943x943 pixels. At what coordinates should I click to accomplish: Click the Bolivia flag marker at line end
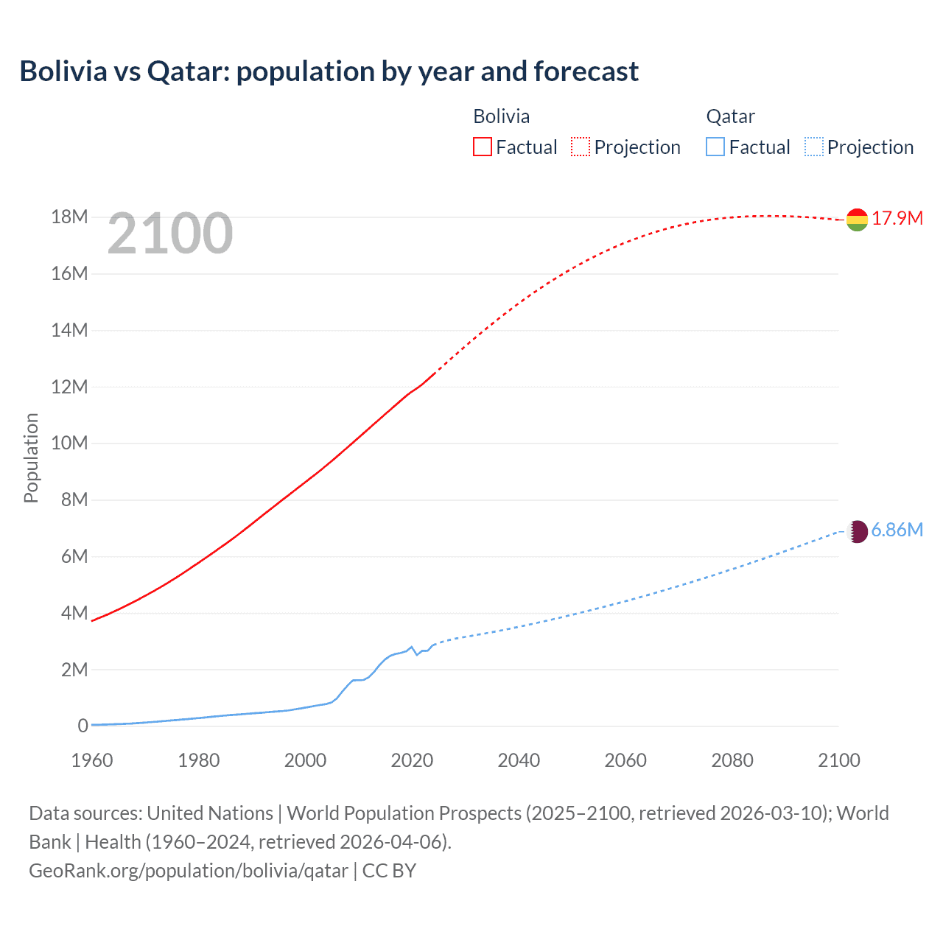pos(857,220)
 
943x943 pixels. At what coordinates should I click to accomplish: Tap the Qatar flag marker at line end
pos(857,531)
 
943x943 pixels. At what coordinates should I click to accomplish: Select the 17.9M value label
pos(897,219)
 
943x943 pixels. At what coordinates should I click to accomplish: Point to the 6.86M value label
pos(897,530)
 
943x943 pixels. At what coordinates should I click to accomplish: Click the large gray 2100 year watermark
pos(170,234)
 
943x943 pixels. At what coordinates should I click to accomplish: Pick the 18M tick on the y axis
pos(69,217)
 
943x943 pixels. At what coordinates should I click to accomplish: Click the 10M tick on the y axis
pos(69,444)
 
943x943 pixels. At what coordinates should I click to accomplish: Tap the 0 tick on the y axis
pos(83,726)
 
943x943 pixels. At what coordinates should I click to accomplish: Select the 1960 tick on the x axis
pos(92,760)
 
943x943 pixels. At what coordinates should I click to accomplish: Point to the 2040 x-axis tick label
pos(519,760)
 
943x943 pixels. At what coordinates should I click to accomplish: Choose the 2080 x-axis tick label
pos(732,760)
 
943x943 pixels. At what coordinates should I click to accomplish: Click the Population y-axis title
pos(31,458)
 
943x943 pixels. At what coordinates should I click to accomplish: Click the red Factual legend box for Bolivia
pos(483,147)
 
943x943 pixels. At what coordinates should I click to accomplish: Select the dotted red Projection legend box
pos(581,147)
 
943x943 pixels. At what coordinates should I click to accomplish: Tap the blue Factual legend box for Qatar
pos(715,147)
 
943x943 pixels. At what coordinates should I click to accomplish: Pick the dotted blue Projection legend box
pos(814,147)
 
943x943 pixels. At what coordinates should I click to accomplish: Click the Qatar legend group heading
pos(730,117)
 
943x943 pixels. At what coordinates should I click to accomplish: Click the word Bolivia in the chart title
pos(63,71)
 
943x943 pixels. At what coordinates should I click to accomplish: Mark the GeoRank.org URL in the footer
pos(189,871)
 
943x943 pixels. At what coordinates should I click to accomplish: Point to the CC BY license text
pos(389,871)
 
